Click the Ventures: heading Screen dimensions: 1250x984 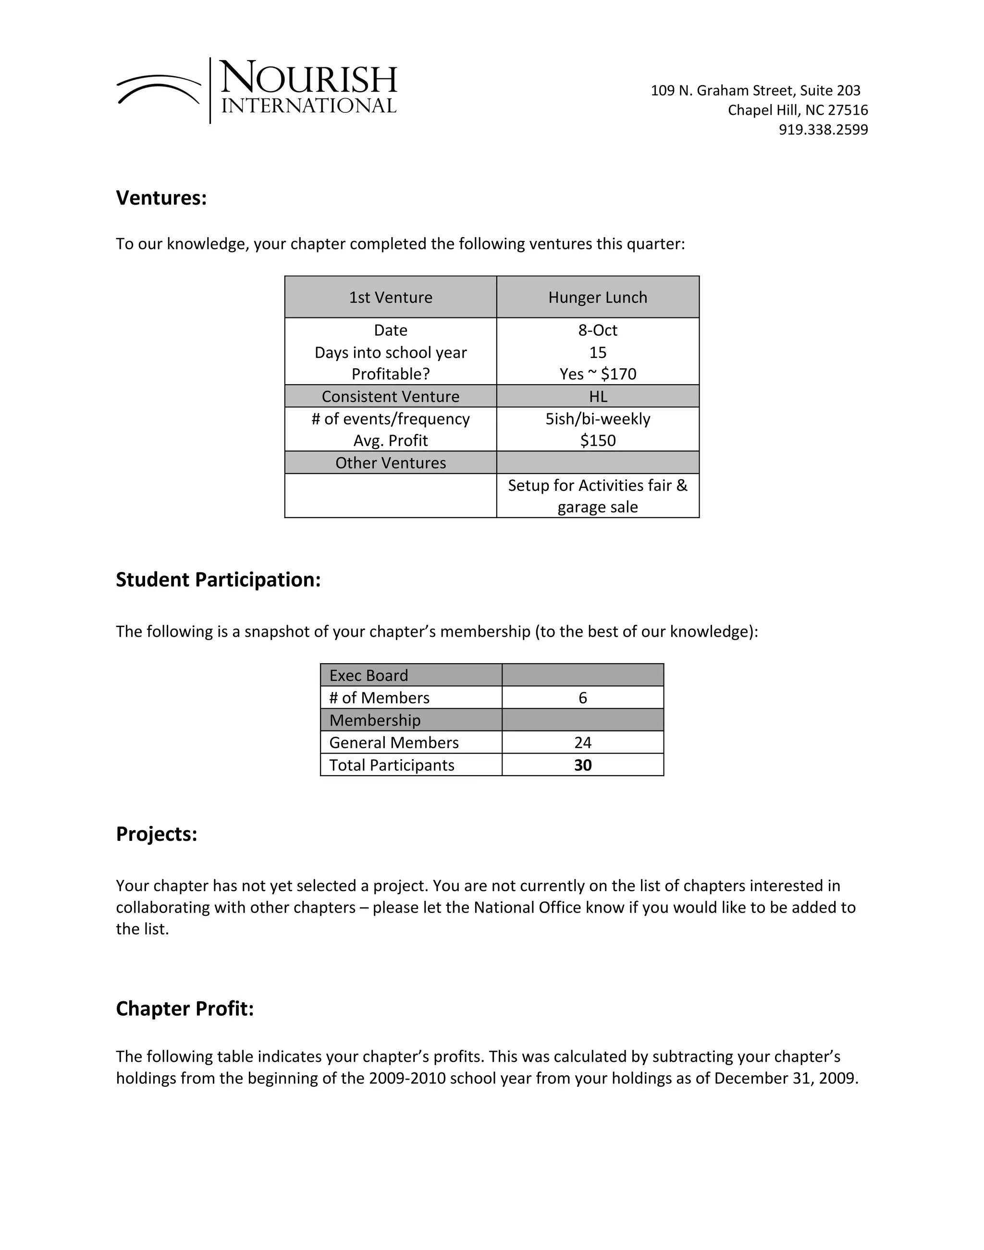[161, 198]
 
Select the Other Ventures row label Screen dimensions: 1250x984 [390, 463]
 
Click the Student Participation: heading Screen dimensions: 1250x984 [218, 580]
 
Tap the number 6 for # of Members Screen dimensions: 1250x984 [582, 698]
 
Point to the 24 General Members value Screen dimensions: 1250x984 [582, 743]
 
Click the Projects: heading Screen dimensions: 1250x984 [157, 834]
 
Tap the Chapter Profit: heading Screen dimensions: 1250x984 [184, 1009]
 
